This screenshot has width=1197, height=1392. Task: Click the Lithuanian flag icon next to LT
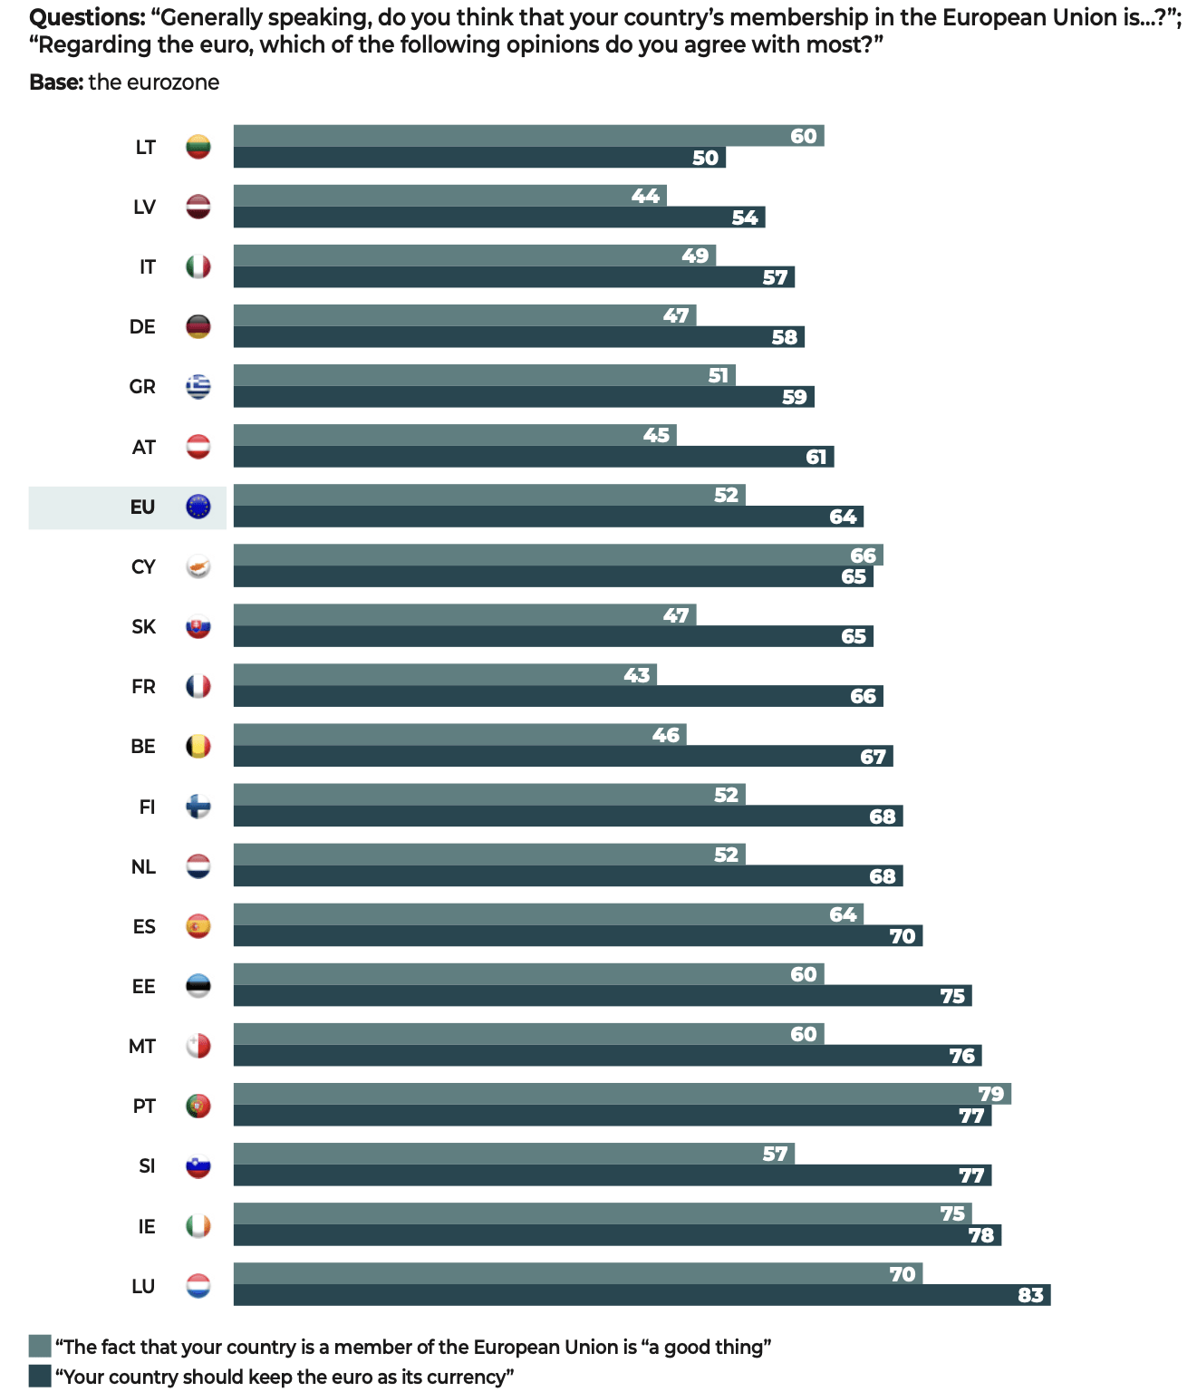click(x=198, y=147)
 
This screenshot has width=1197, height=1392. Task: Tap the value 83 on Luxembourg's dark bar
click(x=1030, y=1295)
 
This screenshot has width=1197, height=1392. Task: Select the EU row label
click(x=143, y=507)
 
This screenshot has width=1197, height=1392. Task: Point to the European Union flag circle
click(x=198, y=507)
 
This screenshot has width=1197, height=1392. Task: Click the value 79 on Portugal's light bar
click(x=991, y=1094)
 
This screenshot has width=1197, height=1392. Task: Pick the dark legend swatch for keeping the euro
click(x=41, y=1376)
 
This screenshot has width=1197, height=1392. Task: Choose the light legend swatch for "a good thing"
click(x=41, y=1346)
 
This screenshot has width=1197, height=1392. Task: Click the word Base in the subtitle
click(x=56, y=82)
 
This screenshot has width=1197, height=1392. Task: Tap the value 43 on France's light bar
click(x=637, y=675)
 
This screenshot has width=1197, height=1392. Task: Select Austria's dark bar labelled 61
click(x=534, y=457)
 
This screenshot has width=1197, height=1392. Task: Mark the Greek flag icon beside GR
click(x=198, y=387)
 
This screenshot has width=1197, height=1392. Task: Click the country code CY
click(x=143, y=567)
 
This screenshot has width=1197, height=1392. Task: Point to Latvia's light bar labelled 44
click(x=449, y=196)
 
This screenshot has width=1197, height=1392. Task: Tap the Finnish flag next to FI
click(x=198, y=806)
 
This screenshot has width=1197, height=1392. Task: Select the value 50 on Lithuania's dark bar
click(x=706, y=158)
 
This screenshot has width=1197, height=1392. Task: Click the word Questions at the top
click(x=85, y=18)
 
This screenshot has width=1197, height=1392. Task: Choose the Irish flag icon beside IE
click(x=198, y=1226)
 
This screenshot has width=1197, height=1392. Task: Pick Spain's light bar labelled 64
click(x=549, y=913)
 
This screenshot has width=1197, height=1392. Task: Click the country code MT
click(x=142, y=1047)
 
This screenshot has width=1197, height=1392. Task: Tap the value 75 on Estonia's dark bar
click(x=952, y=996)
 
